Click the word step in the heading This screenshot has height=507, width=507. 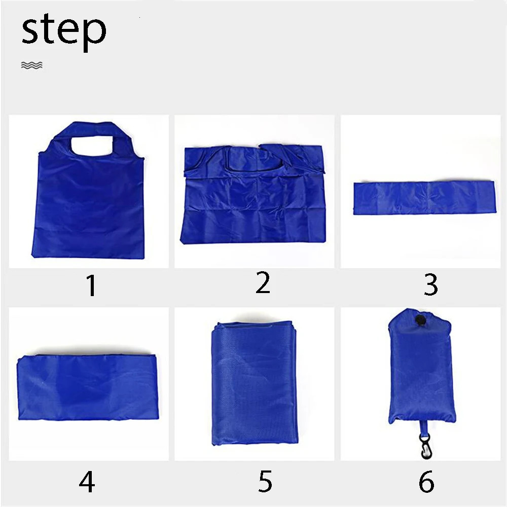(x=64, y=31)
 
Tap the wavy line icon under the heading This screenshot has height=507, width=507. (x=31, y=65)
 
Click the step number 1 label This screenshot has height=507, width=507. (x=91, y=286)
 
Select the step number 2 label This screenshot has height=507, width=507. (x=263, y=283)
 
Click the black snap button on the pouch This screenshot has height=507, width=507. (x=420, y=320)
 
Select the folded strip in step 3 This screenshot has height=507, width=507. (x=423, y=197)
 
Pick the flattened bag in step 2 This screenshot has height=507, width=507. (x=253, y=195)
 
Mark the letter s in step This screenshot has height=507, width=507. (x=31, y=31)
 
